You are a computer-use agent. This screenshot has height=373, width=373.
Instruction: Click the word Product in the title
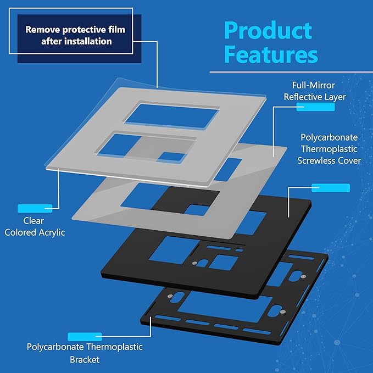coord(268,30)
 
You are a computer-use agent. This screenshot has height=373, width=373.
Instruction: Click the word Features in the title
coord(270,55)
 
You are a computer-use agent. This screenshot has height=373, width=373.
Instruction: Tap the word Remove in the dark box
coord(42,30)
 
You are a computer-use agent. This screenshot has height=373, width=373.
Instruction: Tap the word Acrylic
coord(50,232)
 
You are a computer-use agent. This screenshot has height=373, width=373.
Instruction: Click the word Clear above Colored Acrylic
coord(34,221)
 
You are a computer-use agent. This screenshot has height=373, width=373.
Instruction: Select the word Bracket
coord(84,360)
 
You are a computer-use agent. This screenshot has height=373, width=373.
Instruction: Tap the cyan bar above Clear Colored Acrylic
coord(35,208)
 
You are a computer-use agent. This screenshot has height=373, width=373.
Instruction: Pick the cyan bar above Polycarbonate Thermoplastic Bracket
coord(84,336)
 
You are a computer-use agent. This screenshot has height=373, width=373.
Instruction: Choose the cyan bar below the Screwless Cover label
coord(330,188)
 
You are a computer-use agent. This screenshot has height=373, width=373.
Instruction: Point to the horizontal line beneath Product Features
coord(291,72)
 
